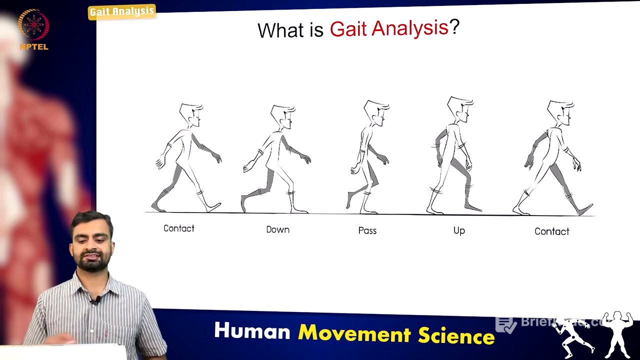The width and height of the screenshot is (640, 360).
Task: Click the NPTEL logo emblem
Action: pyautogui.click(x=33, y=25)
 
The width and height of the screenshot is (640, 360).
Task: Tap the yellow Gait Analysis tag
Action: pyautogui.click(x=121, y=11)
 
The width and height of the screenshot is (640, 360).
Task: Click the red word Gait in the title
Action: pyautogui.click(x=348, y=29)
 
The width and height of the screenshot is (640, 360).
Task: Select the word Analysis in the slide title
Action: pyautogui.click(x=410, y=28)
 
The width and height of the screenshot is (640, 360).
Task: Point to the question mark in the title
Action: pyautogui.click(x=454, y=27)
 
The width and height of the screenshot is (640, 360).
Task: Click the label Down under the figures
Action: pyautogui.click(x=277, y=229)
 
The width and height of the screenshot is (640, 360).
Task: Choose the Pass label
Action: pyautogui.click(x=367, y=230)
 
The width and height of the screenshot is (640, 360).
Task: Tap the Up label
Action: pyautogui.click(x=459, y=230)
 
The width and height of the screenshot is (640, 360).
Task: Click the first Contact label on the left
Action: pyautogui.click(x=178, y=228)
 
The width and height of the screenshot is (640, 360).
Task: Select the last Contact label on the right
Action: pyautogui.click(x=551, y=231)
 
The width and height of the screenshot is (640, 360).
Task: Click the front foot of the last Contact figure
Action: pyautogui.click(x=584, y=209)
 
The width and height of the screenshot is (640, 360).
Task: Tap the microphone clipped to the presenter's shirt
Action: pyautogui.click(x=93, y=301)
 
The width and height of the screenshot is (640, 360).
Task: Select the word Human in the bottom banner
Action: pyautogui.click(x=252, y=331)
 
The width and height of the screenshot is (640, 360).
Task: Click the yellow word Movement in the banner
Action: pyautogui.click(x=355, y=333)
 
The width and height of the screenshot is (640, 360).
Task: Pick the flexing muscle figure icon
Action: pyautogui.click(x=618, y=334)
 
